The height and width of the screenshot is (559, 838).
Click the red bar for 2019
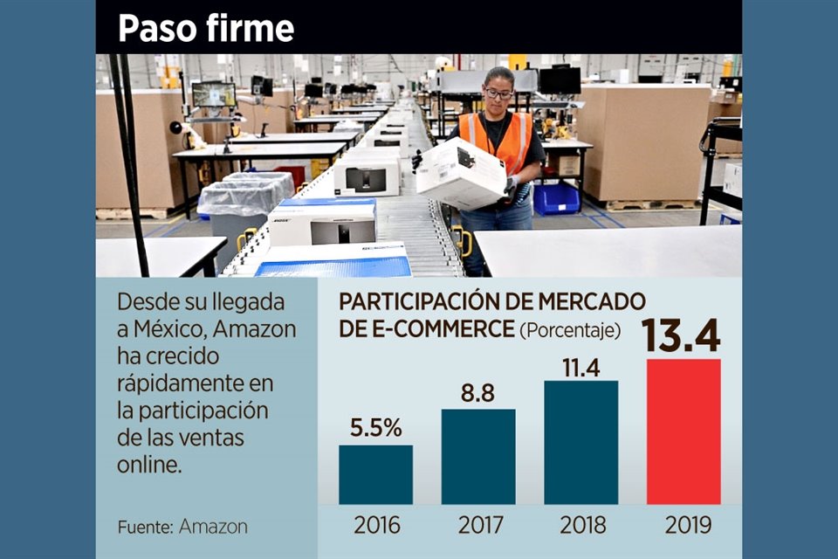(683, 431)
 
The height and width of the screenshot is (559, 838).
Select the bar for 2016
(375, 474)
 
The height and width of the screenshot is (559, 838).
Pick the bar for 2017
(478, 456)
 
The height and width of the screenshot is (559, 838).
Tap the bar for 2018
(580, 442)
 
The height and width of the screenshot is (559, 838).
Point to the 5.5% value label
(376, 429)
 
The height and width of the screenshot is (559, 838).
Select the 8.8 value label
(477, 393)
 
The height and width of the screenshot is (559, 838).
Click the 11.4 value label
(580, 368)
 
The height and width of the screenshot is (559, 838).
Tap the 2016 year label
(376, 525)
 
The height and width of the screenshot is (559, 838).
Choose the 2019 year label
(683, 525)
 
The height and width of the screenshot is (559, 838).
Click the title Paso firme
(206, 29)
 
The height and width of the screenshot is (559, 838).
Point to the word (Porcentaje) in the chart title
(570, 330)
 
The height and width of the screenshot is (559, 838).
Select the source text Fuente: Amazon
(182, 527)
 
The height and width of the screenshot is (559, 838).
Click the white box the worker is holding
(460, 173)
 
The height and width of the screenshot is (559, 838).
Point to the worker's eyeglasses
(498, 94)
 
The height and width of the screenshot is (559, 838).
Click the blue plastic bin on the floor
(555, 199)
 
